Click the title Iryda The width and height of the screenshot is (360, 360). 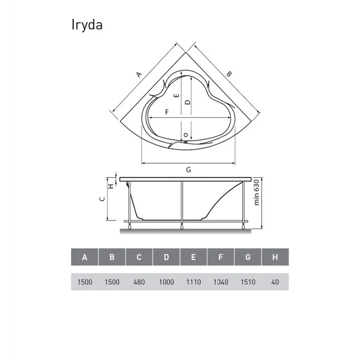86,25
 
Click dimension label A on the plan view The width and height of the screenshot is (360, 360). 138,75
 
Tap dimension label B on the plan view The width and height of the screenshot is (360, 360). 229,74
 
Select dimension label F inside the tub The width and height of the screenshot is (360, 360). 167,112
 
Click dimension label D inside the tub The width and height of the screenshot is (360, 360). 188,102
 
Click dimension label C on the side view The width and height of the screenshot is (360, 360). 101,199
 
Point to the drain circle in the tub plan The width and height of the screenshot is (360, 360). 186,135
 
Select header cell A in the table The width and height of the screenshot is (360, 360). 85,257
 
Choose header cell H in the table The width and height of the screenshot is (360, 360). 275,257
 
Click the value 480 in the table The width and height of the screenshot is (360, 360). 139,282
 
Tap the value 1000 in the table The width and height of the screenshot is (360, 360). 166,282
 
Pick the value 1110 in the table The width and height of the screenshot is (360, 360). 193,282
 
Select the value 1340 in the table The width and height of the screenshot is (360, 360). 221,282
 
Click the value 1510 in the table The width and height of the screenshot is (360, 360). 248,282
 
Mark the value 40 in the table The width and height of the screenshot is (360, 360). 275,282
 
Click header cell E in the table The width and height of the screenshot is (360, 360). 193,257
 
